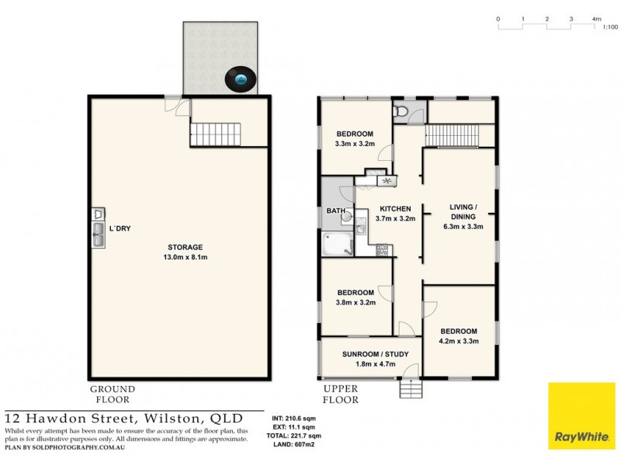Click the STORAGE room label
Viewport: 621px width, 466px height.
tap(186, 247)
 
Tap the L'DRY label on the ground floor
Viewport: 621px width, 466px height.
tap(120, 228)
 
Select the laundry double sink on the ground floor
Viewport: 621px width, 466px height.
tap(99, 235)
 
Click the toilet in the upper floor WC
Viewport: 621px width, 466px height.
tap(400, 110)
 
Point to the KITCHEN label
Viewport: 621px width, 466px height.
tap(395, 209)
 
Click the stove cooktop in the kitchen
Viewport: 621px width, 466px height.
tap(382, 250)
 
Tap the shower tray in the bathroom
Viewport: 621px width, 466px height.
tap(337, 244)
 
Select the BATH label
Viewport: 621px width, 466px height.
tap(336, 210)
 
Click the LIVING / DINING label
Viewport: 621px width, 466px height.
tap(463, 212)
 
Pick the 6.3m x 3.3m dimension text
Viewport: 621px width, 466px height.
tap(463, 227)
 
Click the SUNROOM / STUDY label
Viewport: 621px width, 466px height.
tap(376, 354)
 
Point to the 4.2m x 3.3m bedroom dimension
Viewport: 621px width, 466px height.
tap(459, 341)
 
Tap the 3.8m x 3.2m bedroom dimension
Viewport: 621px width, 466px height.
tap(356, 302)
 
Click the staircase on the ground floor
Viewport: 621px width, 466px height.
tap(216, 134)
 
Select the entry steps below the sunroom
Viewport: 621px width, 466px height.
tap(411, 389)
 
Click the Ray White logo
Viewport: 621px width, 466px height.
tap(581, 416)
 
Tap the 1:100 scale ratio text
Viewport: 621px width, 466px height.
tap(610, 27)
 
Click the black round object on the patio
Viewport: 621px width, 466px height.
tap(241, 79)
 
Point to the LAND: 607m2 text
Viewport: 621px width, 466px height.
tap(294, 444)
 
